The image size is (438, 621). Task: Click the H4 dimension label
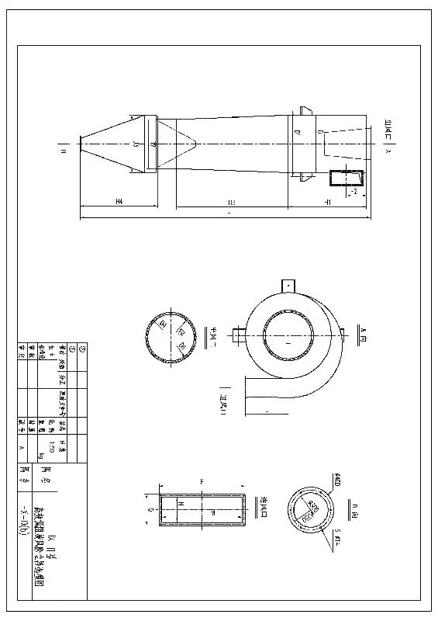pyautogui.click(x=119, y=202)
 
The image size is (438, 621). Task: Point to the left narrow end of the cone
pyautogui.click(x=81, y=142)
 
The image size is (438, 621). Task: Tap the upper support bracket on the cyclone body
pyautogui.click(x=303, y=110)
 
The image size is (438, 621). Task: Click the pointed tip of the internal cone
pyautogui.click(x=198, y=143)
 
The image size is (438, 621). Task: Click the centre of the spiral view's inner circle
pyautogui.click(x=288, y=339)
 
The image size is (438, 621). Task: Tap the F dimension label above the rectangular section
pyautogui.click(x=202, y=482)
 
